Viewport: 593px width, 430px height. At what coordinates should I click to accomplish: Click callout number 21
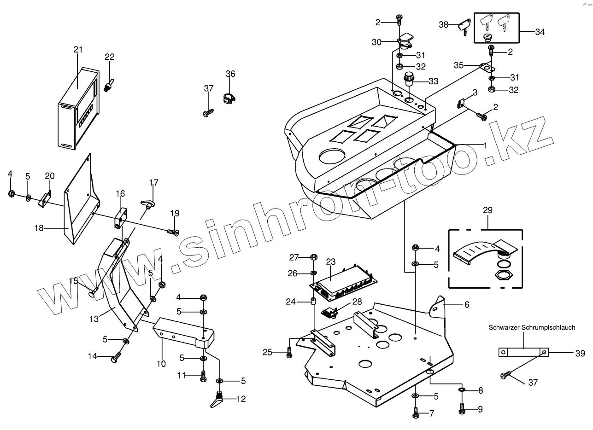pos(78,50)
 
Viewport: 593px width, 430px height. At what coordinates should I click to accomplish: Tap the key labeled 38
pos(462,26)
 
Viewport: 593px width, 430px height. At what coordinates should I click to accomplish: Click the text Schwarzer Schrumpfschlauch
pos(532,327)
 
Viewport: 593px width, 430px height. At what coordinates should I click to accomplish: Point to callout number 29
pos(487,210)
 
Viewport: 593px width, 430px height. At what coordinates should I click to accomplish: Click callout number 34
pos(540,32)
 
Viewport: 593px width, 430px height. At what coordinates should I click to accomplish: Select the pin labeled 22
pos(109,86)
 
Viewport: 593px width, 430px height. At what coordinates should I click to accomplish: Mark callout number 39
pos(580,353)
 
